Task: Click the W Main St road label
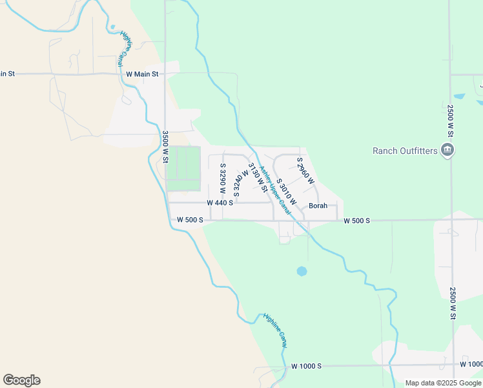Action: point(142,74)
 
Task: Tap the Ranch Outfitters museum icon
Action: point(447,151)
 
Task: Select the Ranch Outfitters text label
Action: point(405,151)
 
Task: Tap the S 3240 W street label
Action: point(240,183)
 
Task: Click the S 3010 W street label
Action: point(286,192)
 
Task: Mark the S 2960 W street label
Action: point(305,170)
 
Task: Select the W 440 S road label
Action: point(220,202)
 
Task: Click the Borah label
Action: point(318,206)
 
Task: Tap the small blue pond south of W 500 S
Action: point(302,271)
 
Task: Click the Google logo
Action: point(21,380)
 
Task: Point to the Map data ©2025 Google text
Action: point(443,383)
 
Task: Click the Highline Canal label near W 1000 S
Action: point(275,330)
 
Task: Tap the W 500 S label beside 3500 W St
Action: point(190,220)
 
